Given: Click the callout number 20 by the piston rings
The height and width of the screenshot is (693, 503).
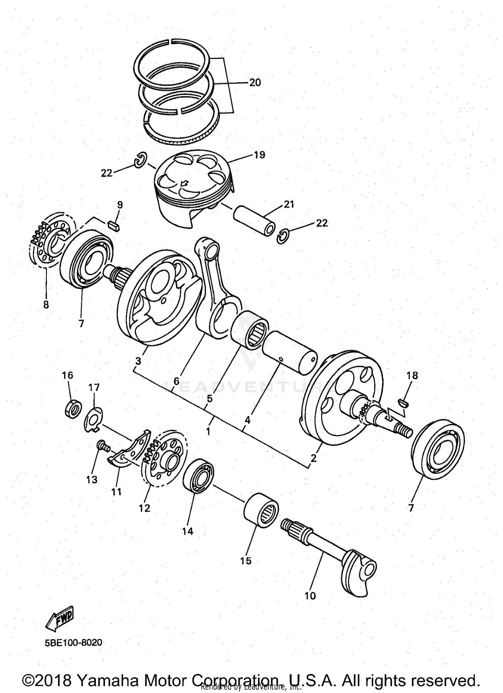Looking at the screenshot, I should tap(255, 82).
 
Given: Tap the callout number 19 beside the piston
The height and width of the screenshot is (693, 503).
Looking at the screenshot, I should tap(260, 155).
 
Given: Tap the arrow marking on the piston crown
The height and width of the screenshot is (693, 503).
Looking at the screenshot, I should tap(184, 183).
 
